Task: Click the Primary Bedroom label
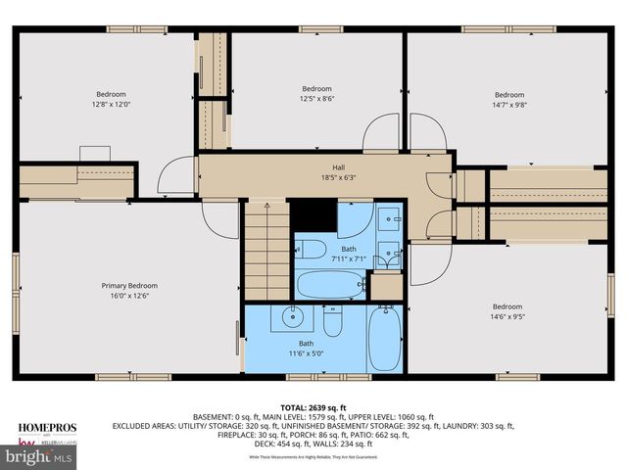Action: pos(129,286)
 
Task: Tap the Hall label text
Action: pos(311,167)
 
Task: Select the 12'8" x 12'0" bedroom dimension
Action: pos(111,104)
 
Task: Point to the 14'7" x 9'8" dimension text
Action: pos(509,104)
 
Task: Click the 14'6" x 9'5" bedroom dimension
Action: pos(507,316)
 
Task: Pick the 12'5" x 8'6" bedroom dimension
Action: pos(316,98)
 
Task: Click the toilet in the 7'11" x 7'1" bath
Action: pos(311,248)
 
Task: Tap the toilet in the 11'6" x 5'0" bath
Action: pos(332,320)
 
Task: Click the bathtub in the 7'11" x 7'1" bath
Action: pos(330,284)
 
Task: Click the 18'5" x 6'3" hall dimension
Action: pos(311,178)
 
